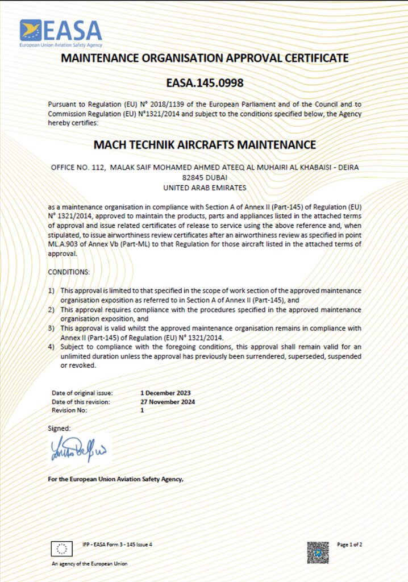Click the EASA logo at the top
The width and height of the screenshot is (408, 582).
(60, 33)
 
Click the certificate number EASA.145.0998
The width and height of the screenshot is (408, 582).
(205, 83)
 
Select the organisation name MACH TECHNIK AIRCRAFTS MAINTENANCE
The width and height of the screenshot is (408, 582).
(205, 145)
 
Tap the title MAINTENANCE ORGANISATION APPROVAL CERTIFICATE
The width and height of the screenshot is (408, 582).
(205, 58)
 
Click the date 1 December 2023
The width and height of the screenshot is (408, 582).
(165, 393)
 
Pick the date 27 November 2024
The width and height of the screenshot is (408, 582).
(168, 401)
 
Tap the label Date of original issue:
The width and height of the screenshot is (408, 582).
(82, 393)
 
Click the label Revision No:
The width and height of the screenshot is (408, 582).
(70, 410)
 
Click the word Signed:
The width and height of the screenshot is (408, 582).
(59, 428)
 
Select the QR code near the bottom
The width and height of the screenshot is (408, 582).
(318, 552)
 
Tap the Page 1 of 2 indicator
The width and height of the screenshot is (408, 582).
(349, 544)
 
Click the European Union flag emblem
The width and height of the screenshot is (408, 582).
(62, 548)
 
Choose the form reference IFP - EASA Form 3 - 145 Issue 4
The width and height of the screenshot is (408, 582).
(118, 544)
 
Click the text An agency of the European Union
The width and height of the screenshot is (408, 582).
(90, 564)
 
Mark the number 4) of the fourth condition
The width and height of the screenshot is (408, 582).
(51, 347)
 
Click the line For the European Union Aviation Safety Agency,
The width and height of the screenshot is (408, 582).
(116, 479)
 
